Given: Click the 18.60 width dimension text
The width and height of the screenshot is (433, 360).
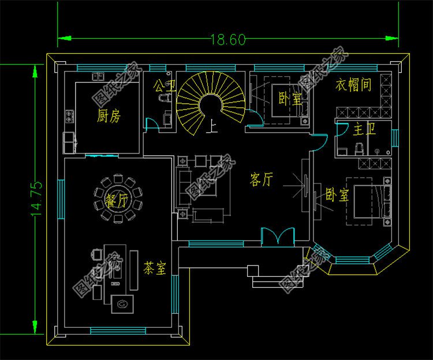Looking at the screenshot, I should (228, 40).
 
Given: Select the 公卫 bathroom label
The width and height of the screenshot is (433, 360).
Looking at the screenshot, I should (164, 87).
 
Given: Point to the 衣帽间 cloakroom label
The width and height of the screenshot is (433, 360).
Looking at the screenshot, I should (353, 85).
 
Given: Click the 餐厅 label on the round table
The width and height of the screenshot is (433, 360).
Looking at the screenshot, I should (117, 200).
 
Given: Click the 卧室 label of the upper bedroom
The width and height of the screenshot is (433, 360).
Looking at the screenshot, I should (289, 99).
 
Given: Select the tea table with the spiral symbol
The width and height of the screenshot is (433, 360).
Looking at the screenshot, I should (122, 302).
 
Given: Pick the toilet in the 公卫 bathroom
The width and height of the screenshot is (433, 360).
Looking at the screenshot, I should (166, 99).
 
